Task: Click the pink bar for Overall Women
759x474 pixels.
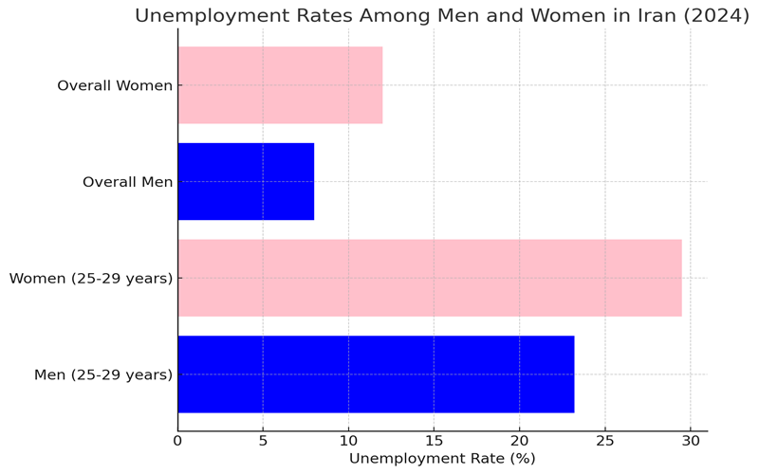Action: [280, 85]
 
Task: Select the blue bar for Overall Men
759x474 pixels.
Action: [246, 181]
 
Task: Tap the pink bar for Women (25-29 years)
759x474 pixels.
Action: [429, 278]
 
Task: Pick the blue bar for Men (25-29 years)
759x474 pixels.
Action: [376, 374]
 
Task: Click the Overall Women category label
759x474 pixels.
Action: [115, 86]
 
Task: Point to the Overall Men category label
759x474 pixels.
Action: [127, 182]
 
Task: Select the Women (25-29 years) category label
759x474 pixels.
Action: [91, 279]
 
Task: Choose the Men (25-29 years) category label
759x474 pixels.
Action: [103, 375]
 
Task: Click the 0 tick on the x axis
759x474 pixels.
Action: [177, 440]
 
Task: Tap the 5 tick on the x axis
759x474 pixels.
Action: [263, 440]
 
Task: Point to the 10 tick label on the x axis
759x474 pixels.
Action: [348, 440]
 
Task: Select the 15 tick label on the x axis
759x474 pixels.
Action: [434, 440]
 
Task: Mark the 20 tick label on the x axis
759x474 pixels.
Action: [519, 440]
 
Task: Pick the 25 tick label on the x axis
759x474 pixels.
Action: [604, 440]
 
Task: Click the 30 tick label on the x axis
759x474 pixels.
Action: [690, 440]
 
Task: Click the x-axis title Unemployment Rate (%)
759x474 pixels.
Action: [442, 459]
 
